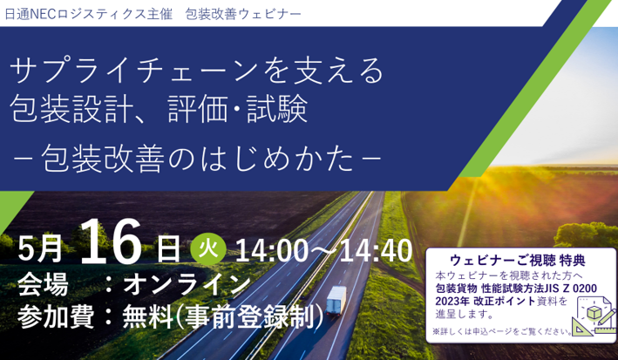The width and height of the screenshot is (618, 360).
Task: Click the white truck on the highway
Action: pyautogui.click(x=336, y=301)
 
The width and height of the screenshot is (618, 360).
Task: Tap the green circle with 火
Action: pyautogui.click(x=208, y=249)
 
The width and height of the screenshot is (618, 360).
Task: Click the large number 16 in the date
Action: pyautogui.click(x=111, y=241)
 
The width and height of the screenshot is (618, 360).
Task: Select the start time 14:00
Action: pyautogui.click(x=272, y=251)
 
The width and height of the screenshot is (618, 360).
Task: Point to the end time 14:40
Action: pyautogui.click(x=376, y=251)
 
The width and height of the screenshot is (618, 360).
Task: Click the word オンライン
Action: pyautogui.click(x=187, y=284)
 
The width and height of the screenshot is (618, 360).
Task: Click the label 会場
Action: pyautogui.click(x=43, y=284)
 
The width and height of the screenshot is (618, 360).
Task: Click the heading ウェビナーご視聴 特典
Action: pyautogui.click(x=517, y=261)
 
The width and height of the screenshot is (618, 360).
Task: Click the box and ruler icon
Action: pyautogui.click(x=593, y=316)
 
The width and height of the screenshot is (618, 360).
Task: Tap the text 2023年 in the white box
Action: pyautogui.click(x=452, y=302)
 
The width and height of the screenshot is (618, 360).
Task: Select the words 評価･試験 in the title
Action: pyautogui.click(x=238, y=109)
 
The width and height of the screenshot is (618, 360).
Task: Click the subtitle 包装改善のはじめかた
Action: pyautogui.click(x=197, y=158)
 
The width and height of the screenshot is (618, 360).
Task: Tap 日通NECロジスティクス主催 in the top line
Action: pyautogui.click(x=89, y=14)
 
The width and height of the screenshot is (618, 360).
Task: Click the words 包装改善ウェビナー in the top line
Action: pyautogui.click(x=243, y=14)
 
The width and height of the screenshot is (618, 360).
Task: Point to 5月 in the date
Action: pyautogui.click(x=40, y=249)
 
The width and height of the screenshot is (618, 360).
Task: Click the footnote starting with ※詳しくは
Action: pyautogui.click(x=503, y=331)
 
